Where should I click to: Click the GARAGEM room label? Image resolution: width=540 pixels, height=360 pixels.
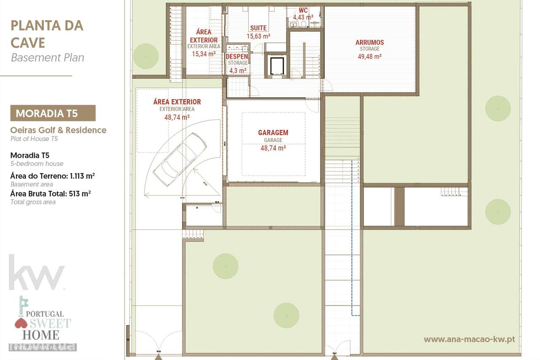click(x=273, y=133)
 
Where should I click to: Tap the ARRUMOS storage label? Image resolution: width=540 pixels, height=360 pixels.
click(x=370, y=42)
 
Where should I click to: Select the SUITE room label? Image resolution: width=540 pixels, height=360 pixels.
click(x=258, y=28)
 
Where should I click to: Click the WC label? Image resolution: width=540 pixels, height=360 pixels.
click(x=303, y=10)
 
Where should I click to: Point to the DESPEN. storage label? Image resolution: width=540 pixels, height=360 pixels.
click(x=237, y=57)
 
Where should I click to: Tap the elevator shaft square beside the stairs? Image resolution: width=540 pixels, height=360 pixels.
click(x=277, y=66)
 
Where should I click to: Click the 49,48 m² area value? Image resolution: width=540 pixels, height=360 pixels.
click(x=370, y=56)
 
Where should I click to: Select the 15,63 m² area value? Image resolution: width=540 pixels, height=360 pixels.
click(x=258, y=36)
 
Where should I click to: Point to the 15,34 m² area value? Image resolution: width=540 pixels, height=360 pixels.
click(x=204, y=54)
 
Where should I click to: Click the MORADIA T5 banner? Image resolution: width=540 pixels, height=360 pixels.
click(x=53, y=113)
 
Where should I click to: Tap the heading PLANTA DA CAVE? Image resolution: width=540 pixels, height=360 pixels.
click(x=46, y=34)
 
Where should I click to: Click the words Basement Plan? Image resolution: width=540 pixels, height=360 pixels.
click(x=47, y=58)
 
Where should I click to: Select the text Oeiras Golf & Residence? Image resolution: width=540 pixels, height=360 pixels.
click(x=58, y=130)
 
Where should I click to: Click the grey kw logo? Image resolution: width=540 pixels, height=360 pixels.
click(x=37, y=273)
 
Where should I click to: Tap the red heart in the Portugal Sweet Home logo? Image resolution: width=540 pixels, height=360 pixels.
click(x=21, y=324)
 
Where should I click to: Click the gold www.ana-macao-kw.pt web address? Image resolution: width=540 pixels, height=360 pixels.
click(x=469, y=339)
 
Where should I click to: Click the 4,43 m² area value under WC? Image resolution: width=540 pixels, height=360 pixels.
click(x=303, y=17)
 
